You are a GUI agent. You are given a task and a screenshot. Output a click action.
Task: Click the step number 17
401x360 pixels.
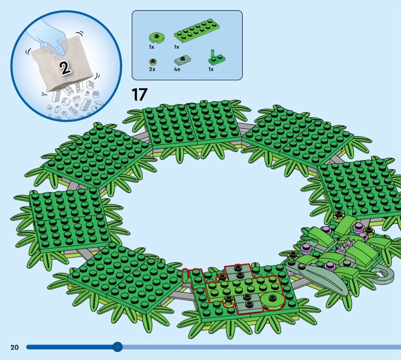[x=139, y=94]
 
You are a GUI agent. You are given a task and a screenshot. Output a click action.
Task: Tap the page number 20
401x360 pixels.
[x=15, y=347]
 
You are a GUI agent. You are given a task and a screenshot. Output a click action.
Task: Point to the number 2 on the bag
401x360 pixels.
[x=65, y=68]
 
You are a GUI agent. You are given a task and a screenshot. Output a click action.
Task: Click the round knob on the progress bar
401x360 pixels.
[x=117, y=347]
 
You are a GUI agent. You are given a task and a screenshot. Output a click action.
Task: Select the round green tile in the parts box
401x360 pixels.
[x=156, y=38]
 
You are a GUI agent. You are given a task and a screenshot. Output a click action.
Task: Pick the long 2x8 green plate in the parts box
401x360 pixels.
[x=196, y=30]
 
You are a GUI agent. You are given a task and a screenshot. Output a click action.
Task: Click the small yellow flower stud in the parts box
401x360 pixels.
[x=153, y=62]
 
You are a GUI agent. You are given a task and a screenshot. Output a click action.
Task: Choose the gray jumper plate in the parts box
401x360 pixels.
[x=182, y=60]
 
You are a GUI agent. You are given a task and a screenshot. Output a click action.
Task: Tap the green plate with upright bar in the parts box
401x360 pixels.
[x=217, y=59]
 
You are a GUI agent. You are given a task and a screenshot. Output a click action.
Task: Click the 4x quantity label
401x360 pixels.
[x=177, y=69]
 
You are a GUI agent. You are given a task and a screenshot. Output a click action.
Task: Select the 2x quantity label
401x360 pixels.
[x=152, y=69]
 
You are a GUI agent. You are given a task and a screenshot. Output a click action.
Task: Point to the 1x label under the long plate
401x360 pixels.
[x=176, y=47]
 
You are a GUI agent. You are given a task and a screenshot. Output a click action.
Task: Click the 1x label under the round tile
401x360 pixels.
[x=152, y=47]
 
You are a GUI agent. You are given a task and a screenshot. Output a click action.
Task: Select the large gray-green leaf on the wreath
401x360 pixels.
[x=317, y=276]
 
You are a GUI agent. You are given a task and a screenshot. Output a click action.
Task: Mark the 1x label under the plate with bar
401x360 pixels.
[x=211, y=69]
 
